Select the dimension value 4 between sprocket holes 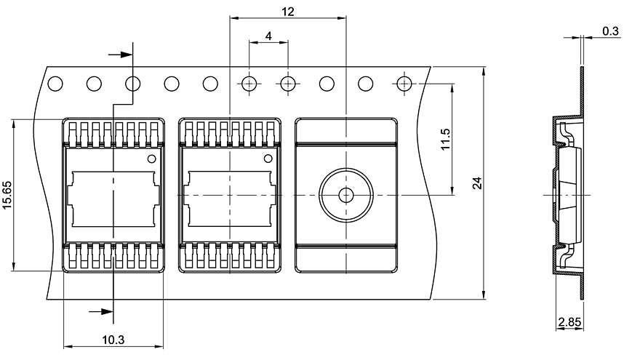coord(268,36)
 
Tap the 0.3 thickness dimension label coord(611,31)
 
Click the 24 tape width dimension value coord(477,183)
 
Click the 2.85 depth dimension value coord(569,321)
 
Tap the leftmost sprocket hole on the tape coord(55,84)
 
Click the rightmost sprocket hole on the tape coord(404,84)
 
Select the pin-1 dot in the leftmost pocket coord(152,159)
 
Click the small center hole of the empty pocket coord(346,195)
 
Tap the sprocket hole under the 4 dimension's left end coord(249,84)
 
